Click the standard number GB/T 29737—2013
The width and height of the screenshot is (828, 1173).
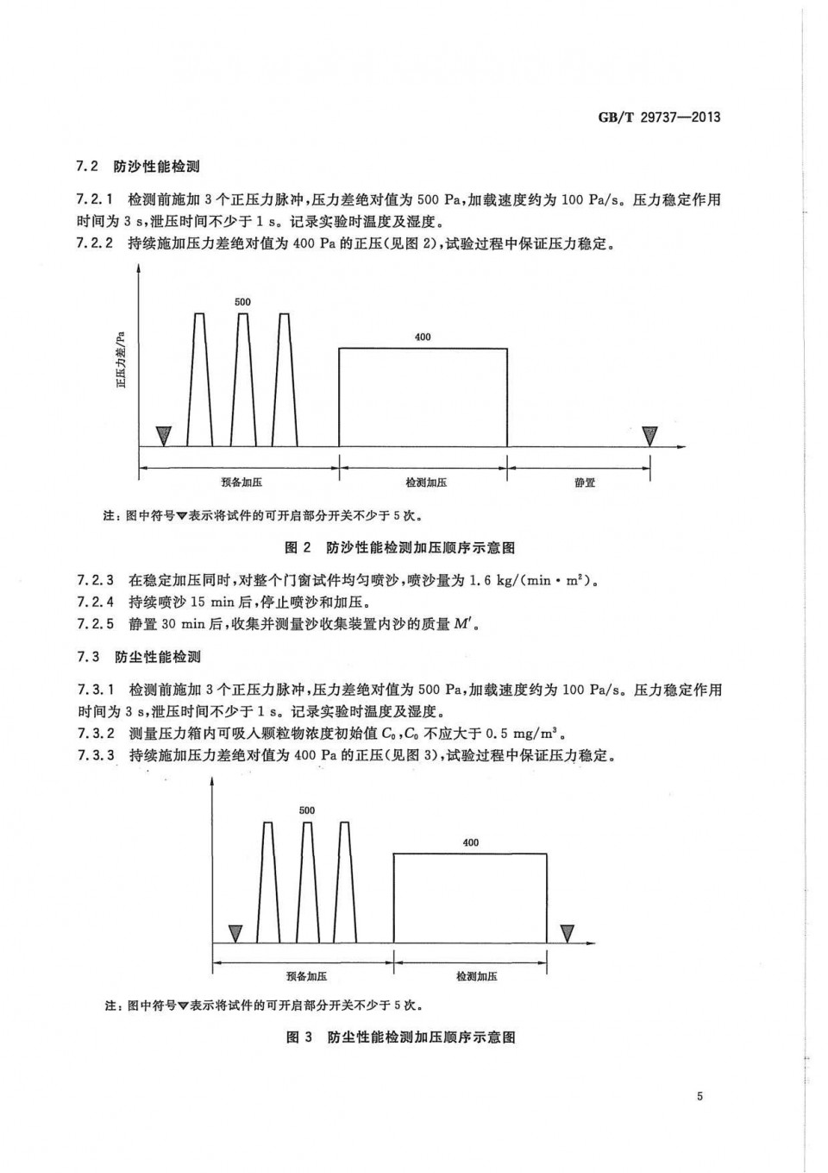coord(659,117)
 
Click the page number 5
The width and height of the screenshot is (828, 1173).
coord(699,1096)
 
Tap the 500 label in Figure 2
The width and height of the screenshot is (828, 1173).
coord(242,302)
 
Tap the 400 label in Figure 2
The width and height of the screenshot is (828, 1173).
coord(423,337)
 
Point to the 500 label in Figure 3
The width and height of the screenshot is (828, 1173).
coord(307,810)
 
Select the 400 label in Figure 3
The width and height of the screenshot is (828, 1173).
coord(470,842)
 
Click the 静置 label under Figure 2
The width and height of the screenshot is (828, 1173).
coord(585,482)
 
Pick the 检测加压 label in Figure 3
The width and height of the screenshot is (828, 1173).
coord(476,976)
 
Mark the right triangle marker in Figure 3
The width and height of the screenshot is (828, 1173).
coord(567,933)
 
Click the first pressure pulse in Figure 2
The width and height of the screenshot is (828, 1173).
coord(200,380)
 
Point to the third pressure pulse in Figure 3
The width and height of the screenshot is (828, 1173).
coord(346,880)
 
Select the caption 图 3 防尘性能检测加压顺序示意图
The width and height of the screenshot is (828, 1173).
coord(400,1037)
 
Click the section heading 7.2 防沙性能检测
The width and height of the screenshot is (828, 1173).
coord(138,167)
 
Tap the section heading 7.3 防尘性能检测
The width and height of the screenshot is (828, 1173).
coord(139,657)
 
